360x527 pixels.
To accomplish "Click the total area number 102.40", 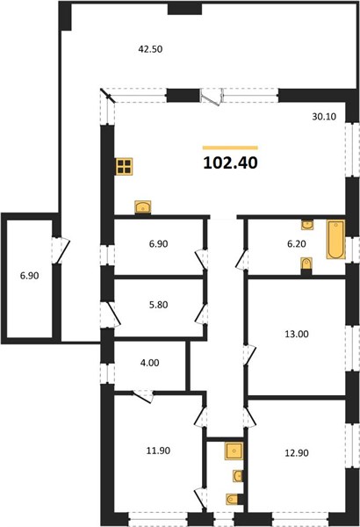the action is click(231, 163).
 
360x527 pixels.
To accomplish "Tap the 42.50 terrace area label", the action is click(150, 49).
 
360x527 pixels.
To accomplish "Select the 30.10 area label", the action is click(324, 117).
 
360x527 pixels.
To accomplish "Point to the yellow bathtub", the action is click(335, 239).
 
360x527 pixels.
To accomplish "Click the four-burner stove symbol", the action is click(125, 166).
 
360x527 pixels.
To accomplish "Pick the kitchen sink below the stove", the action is click(143, 207).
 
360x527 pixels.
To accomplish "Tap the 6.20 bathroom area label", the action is click(297, 243).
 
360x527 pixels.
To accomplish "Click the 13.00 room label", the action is click(297, 334).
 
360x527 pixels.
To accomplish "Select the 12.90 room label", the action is click(297, 452).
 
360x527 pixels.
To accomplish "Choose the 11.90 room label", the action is click(158, 451).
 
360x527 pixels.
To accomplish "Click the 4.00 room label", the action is click(149, 363).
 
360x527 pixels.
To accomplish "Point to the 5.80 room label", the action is click(158, 305).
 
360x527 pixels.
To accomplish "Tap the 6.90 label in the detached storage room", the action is click(30, 276).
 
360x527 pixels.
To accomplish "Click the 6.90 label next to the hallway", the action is click(158, 243).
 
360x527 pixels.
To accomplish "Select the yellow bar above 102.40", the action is click(230, 148).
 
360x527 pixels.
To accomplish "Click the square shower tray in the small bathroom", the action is click(234, 451).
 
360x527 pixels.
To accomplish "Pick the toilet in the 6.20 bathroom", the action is click(306, 263).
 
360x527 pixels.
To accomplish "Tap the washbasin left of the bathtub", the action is click(307, 225).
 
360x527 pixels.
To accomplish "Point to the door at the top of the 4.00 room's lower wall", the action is click(143, 396).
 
